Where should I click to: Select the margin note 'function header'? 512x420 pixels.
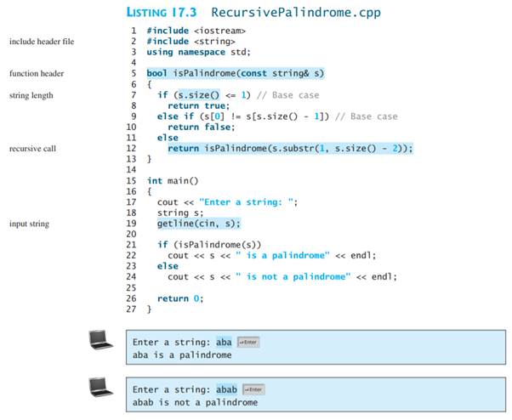point(36,74)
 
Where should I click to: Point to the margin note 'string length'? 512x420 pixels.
point(31,95)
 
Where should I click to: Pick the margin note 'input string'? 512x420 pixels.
point(29,224)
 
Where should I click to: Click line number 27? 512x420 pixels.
point(130,309)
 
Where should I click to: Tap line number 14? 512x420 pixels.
point(130,169)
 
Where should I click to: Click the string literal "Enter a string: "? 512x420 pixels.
point(247,202)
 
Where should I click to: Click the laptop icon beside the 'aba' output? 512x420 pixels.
point(101,341)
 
